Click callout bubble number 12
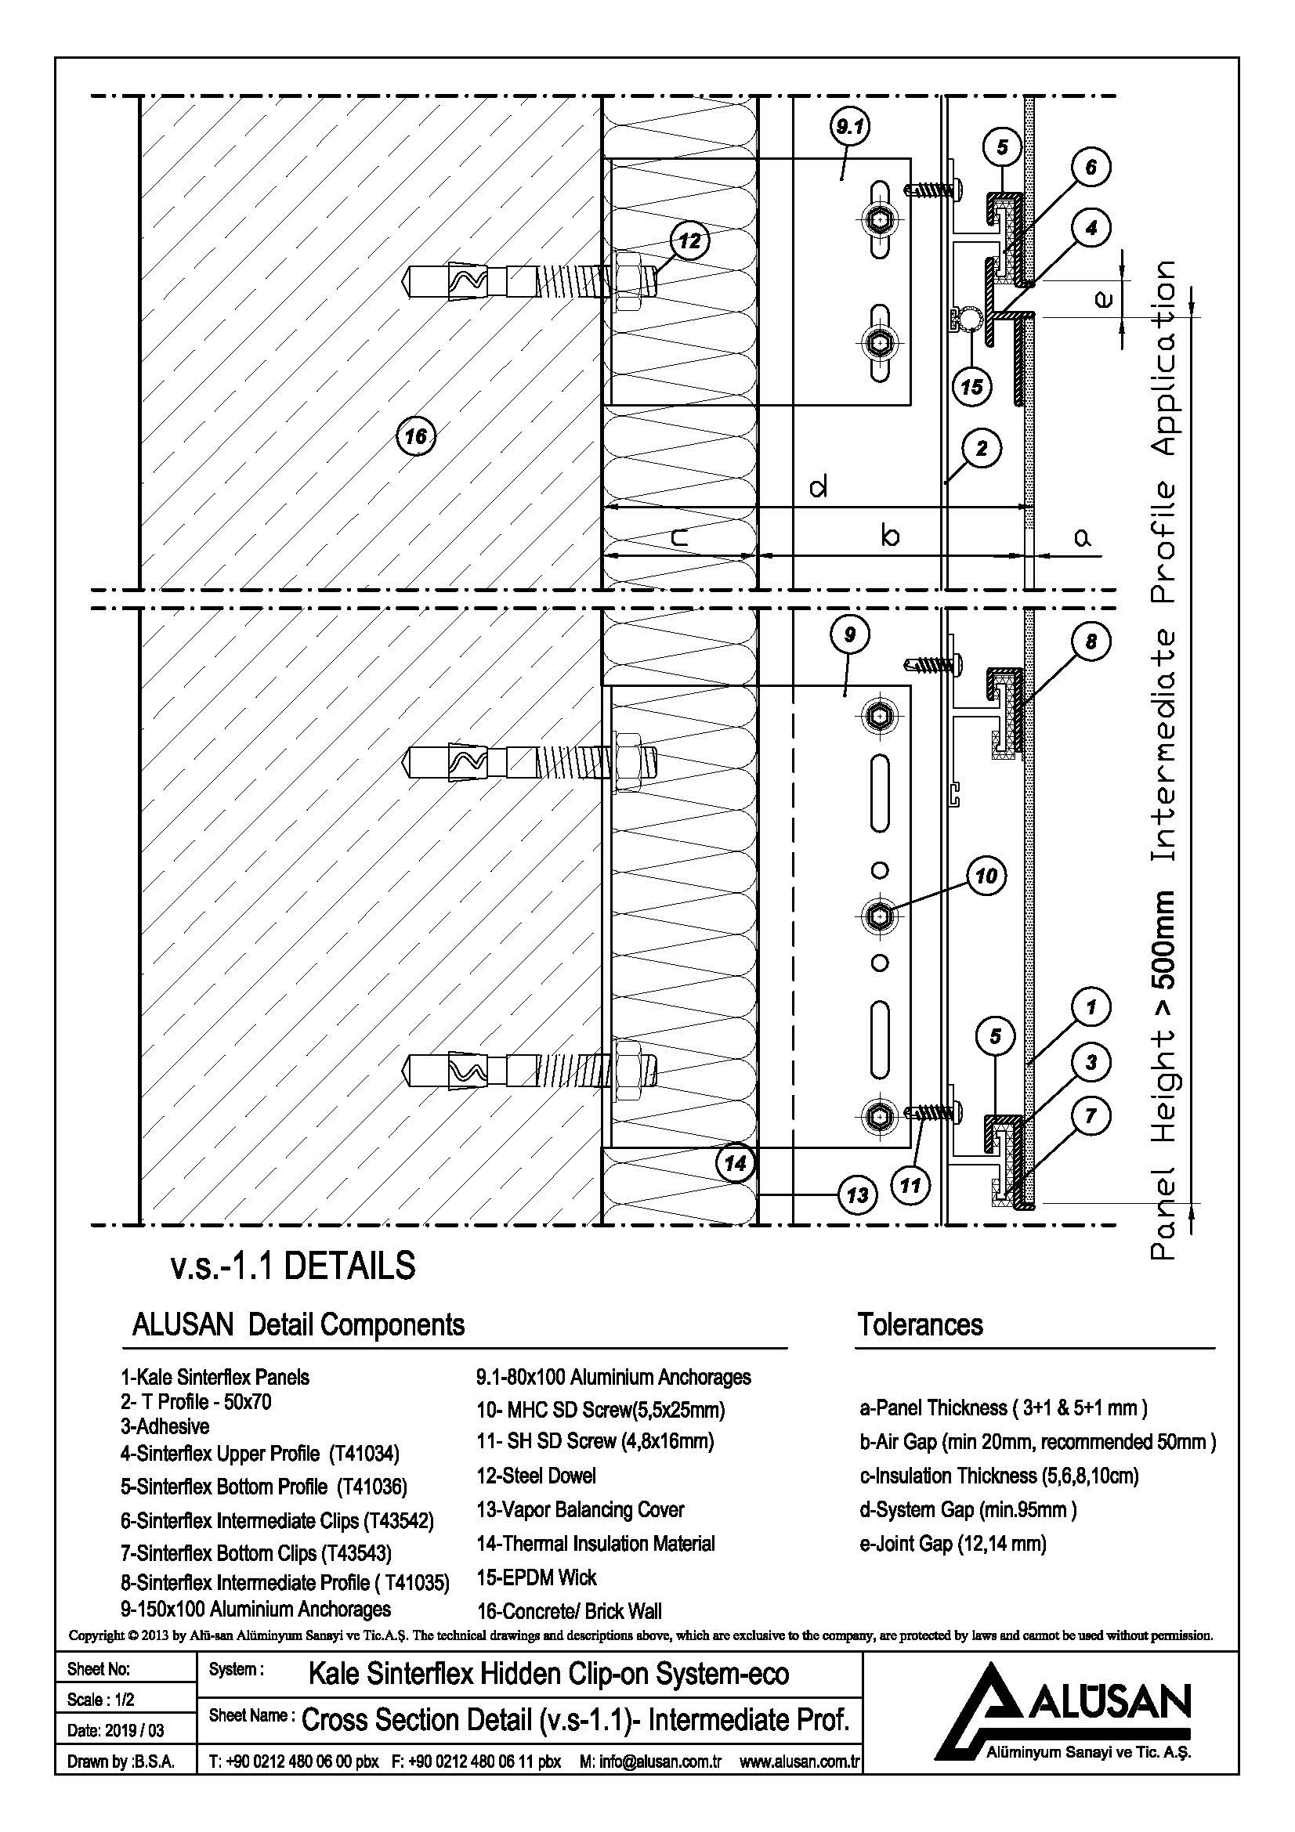point(689,241)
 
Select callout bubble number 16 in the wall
point(416,435)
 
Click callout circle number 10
point(987,876)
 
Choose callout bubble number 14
point(735,1162)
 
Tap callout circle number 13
point(857,1195)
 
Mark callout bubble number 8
point(1091,641)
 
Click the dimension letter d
point(818,486)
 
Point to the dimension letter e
point(1103,299)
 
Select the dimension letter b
point(891,534)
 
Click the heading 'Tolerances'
point(920,1325)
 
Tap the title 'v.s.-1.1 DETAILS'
point(293,1267)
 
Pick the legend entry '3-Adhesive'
point(165,1425)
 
